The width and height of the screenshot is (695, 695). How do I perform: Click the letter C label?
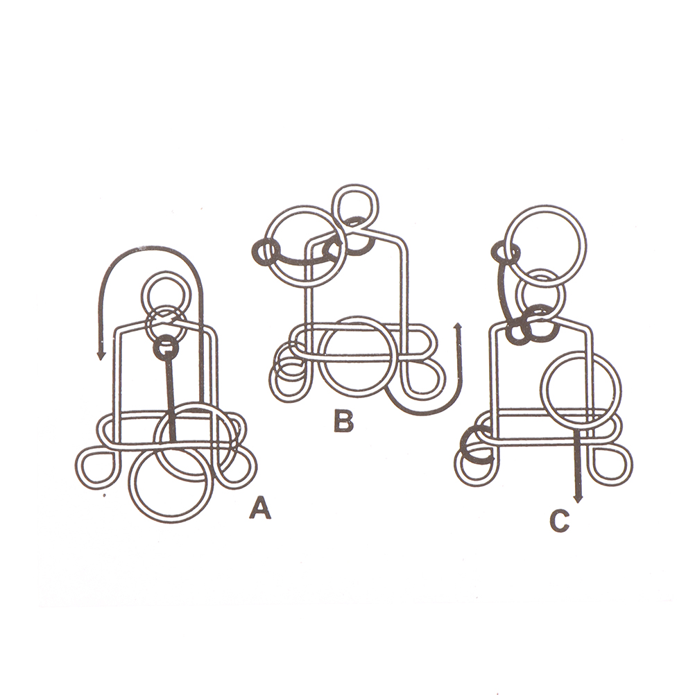point(559,522)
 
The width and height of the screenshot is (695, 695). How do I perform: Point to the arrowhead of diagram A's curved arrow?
point(101,354)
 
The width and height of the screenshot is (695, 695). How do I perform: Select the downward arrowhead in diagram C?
point(578,499)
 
